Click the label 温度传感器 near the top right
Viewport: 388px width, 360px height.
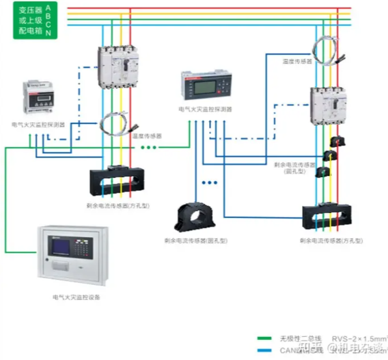tap(297, 61)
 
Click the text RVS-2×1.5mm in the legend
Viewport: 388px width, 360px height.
tap(359, 338)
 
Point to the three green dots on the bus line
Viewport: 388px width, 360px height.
tap(148, 148)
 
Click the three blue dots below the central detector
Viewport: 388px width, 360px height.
tap(209, 183)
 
